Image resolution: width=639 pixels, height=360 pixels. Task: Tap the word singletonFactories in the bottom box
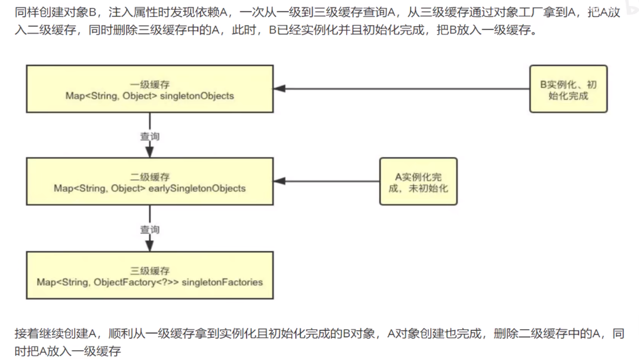pyautogui.click(x=222, y=282)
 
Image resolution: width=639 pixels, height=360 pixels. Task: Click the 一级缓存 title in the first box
pyautogui.click(x=150, y=85)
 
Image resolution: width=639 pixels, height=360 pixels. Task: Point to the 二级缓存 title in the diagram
pyautogui.click(x=150, y=177)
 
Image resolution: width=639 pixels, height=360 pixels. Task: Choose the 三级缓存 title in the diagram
pyautogui.click(x=150, y=271)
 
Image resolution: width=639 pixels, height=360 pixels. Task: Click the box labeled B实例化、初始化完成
pyautogui.click(x=568, y=89)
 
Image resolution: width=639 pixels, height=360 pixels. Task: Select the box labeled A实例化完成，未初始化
pyautogui.click(x=418, y=182)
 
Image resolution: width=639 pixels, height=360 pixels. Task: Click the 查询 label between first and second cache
pyautogui.click(x=150, y=137)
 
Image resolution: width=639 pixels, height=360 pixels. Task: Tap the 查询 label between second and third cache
pyautogui.click(x=150, y=230)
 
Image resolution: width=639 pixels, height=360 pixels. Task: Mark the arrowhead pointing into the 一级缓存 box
pyautogui.click(x=279, y=89)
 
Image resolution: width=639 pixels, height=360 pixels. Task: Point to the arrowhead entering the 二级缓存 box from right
pyautogui.click(x=279, y=182)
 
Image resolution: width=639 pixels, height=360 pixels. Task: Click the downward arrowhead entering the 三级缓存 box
pyautogui.click(x=150, y=246)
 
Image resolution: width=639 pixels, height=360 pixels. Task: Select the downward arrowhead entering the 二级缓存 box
pyautogui.click(x=150, y=153)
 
